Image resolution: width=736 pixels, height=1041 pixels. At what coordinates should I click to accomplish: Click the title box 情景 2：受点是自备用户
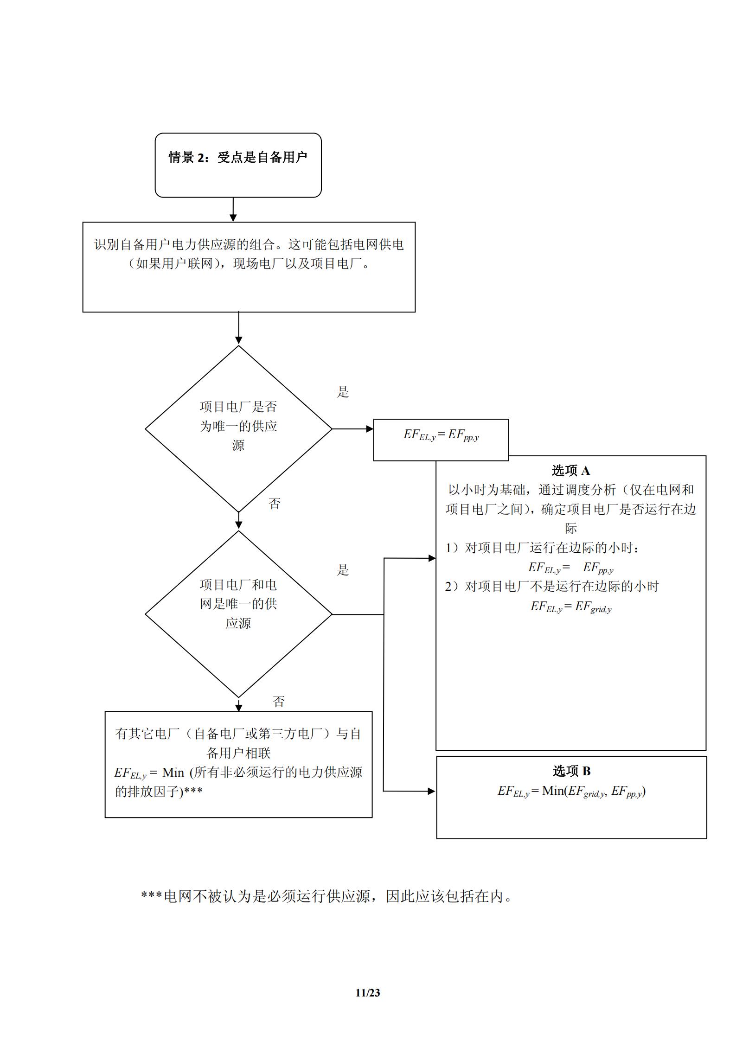(x=238, y=165)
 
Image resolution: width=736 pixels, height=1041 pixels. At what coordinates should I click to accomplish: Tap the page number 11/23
(x=368, y=992)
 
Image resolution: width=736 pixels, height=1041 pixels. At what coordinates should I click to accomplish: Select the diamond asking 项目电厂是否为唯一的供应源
(x=238, y=428)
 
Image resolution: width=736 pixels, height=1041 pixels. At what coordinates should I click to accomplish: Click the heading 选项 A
(x=570, y=471)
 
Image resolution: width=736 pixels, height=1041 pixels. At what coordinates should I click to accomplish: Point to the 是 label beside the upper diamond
(x=343, y=392)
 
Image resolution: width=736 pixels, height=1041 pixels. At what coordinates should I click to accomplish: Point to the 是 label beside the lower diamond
(x=343, y=570)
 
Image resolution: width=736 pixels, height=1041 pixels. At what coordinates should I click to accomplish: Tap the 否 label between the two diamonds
(x=275, y=504)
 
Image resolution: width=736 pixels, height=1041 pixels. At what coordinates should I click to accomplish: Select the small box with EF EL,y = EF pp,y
(x=441, y=439)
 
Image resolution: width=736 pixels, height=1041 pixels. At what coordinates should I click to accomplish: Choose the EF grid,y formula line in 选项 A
(x=571, y=607)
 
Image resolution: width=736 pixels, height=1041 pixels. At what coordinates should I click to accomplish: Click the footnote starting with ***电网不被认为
(x=327, y=896)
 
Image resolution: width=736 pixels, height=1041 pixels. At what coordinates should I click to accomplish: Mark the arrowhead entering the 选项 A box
(x=432, y=558)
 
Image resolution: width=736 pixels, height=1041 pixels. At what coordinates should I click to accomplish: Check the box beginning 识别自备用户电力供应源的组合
(x=249, y=267)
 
